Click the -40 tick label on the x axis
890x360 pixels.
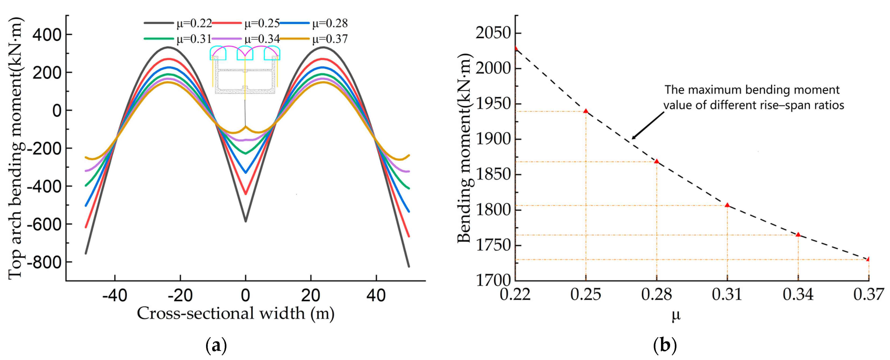(x=115, y=296)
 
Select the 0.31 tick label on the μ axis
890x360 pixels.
(x=727, y=294)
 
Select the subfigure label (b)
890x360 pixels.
(x=665, y=345)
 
